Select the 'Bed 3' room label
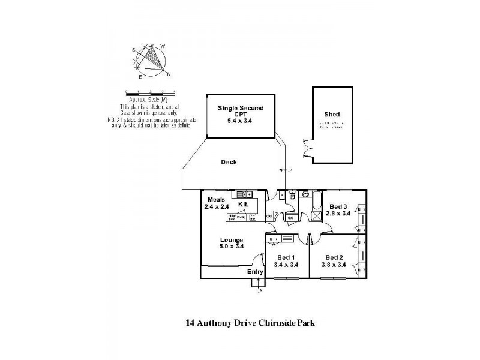338,205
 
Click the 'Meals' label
217,199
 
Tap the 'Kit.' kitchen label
243,205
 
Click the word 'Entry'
255,272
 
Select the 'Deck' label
229,162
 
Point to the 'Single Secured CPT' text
240,113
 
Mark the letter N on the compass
169,74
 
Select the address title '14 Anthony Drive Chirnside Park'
250,322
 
